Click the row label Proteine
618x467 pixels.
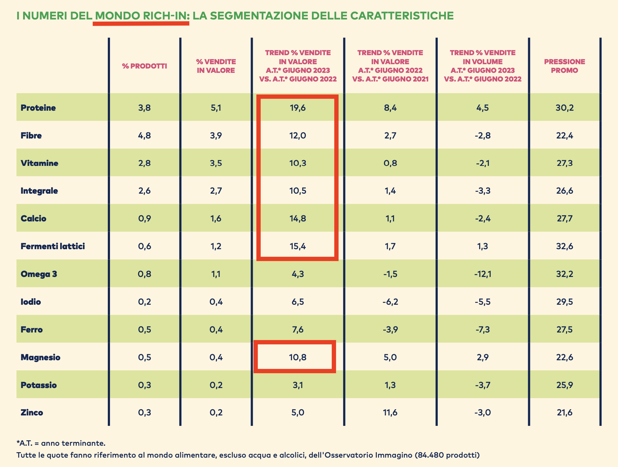click(38, 108)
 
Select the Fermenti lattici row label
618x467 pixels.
click(53, 246)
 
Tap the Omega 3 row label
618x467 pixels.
click(39, 274)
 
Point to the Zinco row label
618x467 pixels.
click(32, 413)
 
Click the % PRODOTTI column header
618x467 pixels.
click(144, 66)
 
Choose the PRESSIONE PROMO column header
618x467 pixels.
click(564, 66)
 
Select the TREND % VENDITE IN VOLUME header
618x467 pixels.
click(483, 66)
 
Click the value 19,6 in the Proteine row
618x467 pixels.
click(298, 108)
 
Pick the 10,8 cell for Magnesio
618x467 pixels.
click(298, 357)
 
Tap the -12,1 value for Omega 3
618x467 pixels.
click(483, 274)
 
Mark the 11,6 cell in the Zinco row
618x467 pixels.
click(390, 413)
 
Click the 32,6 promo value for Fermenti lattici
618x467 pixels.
click(564, 246)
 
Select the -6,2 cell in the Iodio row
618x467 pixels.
click(390, 302)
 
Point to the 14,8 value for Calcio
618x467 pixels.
click(298, 219)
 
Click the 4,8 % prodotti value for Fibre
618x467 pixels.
click(144, 136)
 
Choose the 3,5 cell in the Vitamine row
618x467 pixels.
click(216, 163)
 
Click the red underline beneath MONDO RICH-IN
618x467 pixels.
click(141, 23)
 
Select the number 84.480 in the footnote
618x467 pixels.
click(429, 455)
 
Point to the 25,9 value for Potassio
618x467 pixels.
click(564, 385)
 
